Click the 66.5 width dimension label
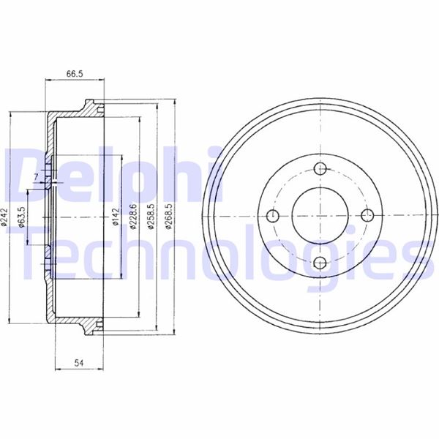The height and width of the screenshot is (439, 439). (75, 74)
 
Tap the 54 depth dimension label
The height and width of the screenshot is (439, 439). (79, 363)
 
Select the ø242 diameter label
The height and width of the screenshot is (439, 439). (4, 217)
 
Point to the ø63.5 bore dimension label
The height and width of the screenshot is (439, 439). (21, 217)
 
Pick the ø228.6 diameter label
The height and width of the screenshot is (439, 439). (133, 217)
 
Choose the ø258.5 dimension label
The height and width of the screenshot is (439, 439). (151, 217)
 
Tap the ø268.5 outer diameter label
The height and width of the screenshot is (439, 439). (168, 217)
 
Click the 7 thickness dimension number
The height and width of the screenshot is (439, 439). (36, 176)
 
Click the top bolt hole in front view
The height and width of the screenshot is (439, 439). (320, 168)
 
